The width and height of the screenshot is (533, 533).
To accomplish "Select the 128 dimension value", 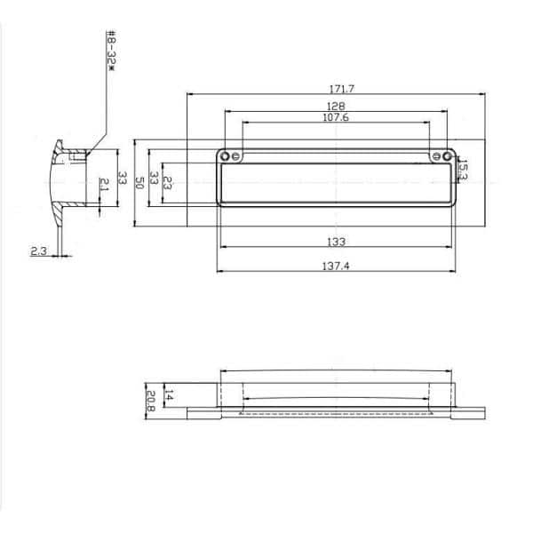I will pyautogui.click(x=336, y=107).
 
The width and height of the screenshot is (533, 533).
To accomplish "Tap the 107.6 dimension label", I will pyautogui.click(x=336, y=117).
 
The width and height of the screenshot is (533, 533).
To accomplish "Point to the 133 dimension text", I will pyautogui.click(x=336, y=241).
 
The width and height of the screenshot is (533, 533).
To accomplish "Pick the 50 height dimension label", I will pyautogui.click(x=139, y=183).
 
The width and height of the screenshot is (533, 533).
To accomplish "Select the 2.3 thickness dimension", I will pyautogui.click(x=38, y=251).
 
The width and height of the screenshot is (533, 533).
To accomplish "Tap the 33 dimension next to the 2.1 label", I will pyautogui.click(x=123, y=183).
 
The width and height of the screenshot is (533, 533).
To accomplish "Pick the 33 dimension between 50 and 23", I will pyautogui.click(x=153, y=183).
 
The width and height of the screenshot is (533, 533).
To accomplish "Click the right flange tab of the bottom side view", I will pyautogui.click(x=471, y=411).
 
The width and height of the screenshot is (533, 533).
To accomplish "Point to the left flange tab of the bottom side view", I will pyautogui.click(x=202, y=411).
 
